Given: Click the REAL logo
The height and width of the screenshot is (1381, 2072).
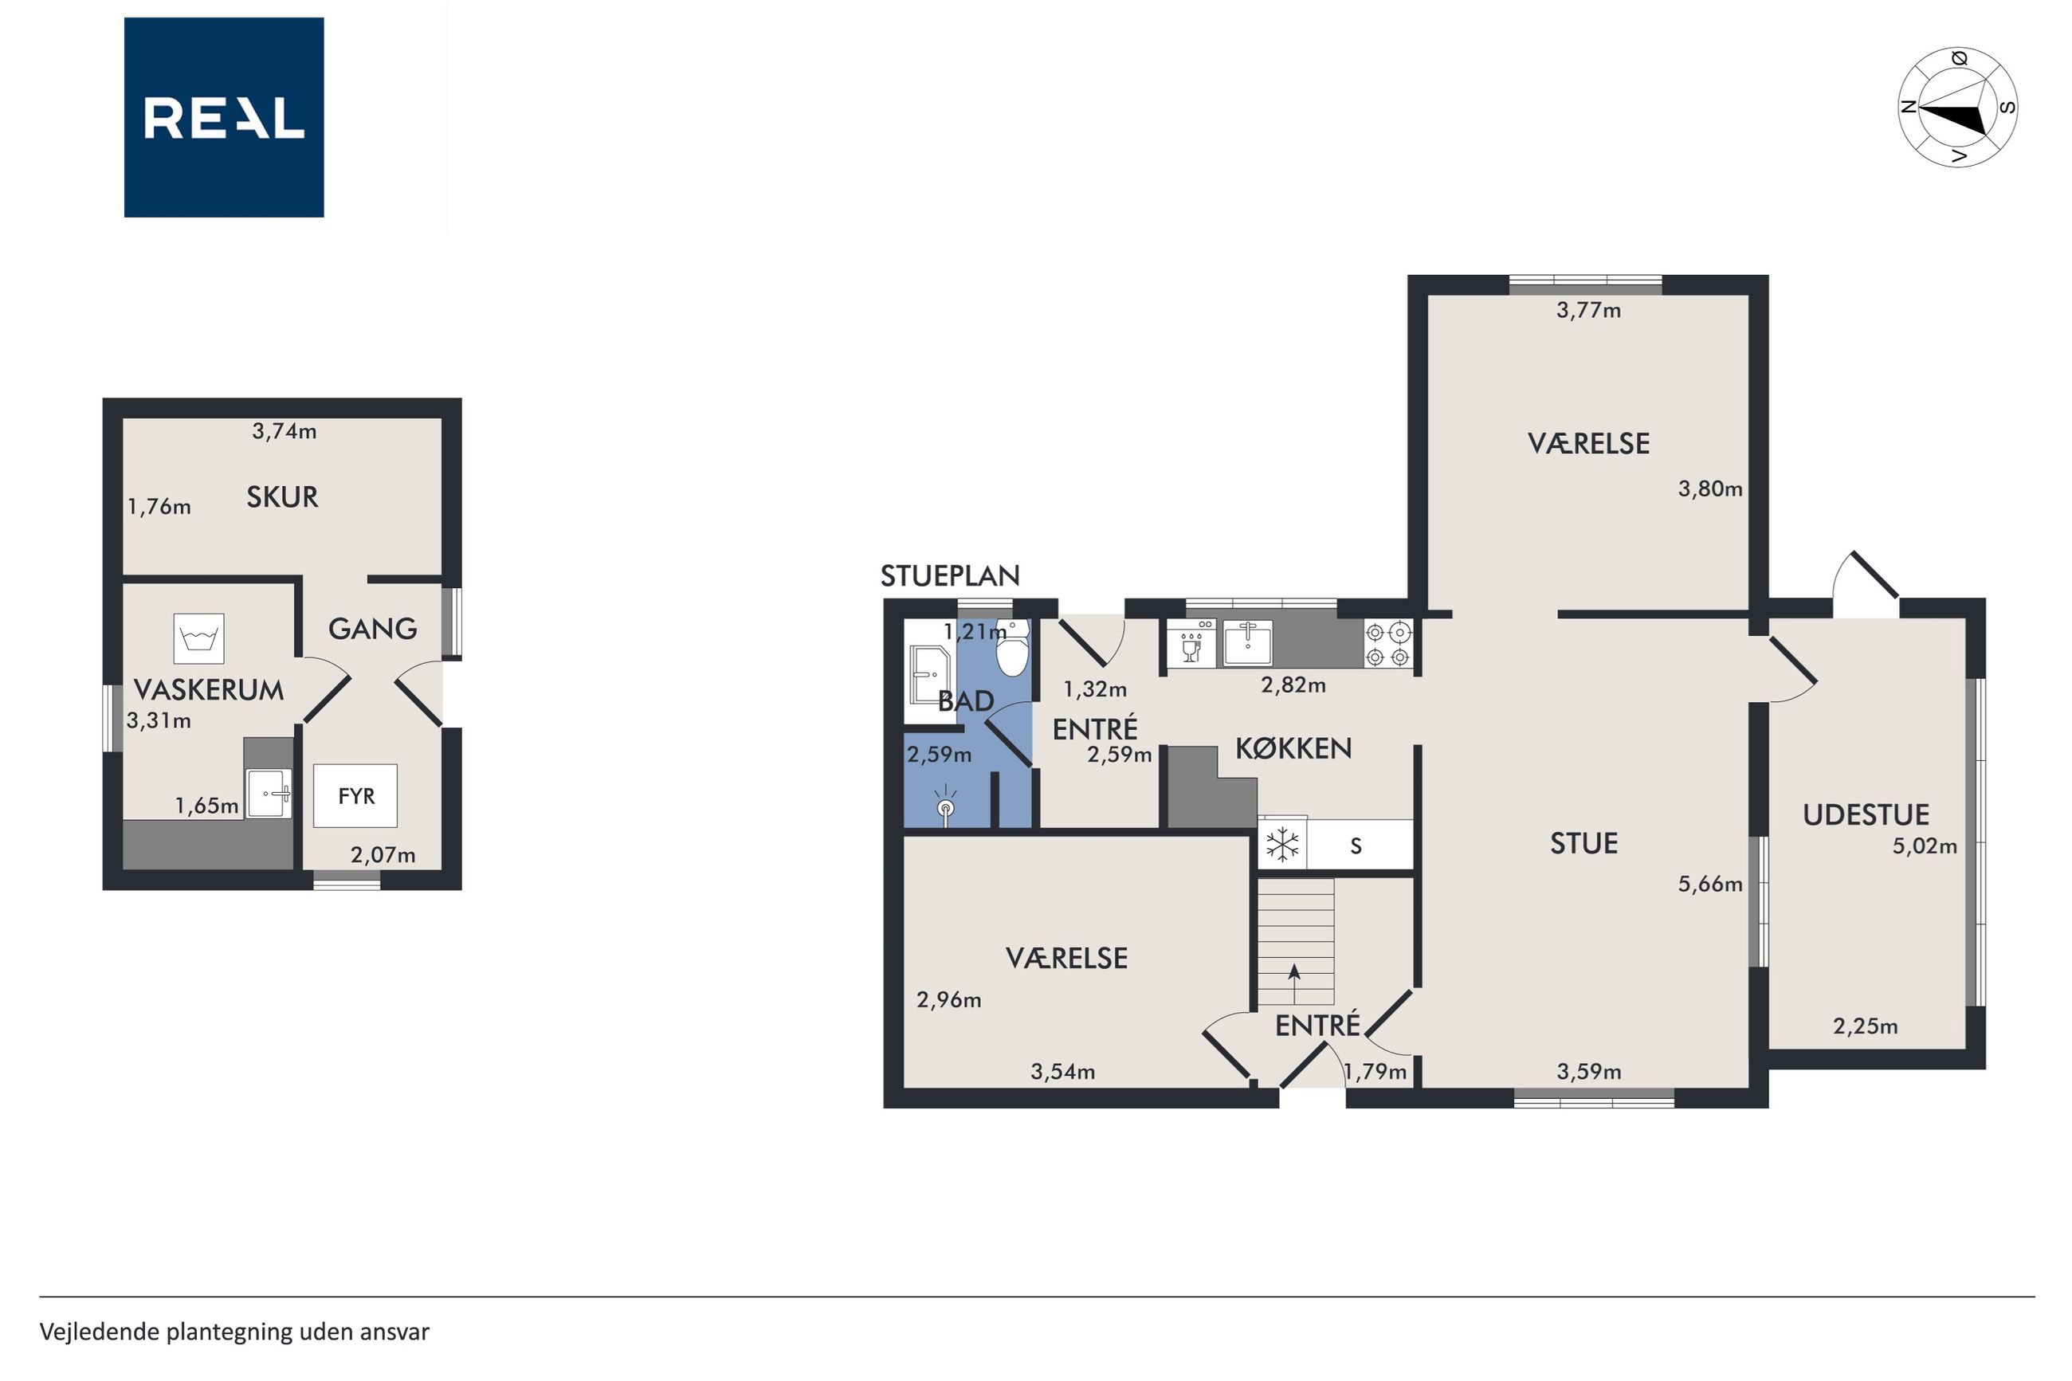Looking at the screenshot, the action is [x=224, y=117].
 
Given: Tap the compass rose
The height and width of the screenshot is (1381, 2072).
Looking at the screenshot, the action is [x=1956, y=108].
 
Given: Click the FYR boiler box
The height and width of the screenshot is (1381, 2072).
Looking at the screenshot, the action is [x=355, y=795].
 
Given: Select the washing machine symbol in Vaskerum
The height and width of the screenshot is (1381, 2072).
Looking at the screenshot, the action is [x=199, y=638].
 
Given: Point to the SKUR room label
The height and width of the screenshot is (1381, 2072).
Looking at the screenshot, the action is [x=282, y=496].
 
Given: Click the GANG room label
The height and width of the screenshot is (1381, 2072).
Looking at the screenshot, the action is [x=372, y=628].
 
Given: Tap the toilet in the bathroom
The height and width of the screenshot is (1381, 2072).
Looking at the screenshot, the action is [x=1013, y=648].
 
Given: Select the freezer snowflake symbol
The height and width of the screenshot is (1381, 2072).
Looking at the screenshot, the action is [x=1282, y=845].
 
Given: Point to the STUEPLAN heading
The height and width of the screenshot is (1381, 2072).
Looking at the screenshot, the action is [x=950, y=576].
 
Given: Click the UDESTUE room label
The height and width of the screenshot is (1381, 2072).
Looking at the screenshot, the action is [x=1865, y=814].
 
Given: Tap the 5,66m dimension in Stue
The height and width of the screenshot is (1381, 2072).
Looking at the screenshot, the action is [x=1710, y=885].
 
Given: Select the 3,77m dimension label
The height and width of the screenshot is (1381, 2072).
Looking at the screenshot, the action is [x=1588, y=310].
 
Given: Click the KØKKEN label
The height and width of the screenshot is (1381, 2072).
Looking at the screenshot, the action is [x=1293, y=747].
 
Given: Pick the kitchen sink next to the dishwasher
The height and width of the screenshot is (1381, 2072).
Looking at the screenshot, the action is [x=1247, y=643].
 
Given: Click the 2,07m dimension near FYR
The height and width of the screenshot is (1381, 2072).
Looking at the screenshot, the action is [x=383, y=854].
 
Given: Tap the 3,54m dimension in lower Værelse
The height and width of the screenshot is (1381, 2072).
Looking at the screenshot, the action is [x=1063, y=1072].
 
